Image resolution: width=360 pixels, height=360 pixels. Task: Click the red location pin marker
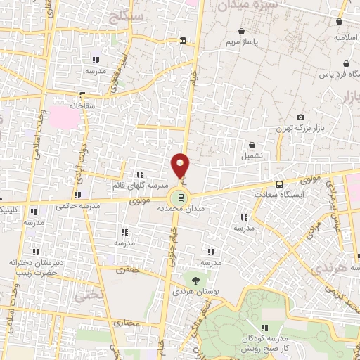point(181,165)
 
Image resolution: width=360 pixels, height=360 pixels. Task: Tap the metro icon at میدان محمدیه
point(181,197)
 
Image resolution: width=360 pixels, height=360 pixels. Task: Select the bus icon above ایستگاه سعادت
point(280,184)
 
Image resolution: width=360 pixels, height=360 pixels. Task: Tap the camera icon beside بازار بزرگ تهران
point(301,117)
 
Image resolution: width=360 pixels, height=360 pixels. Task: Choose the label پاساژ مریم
point(243,42)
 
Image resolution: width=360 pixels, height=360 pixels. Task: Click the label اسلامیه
point(349,37)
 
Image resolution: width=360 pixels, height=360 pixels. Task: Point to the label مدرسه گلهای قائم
point(140,185)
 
